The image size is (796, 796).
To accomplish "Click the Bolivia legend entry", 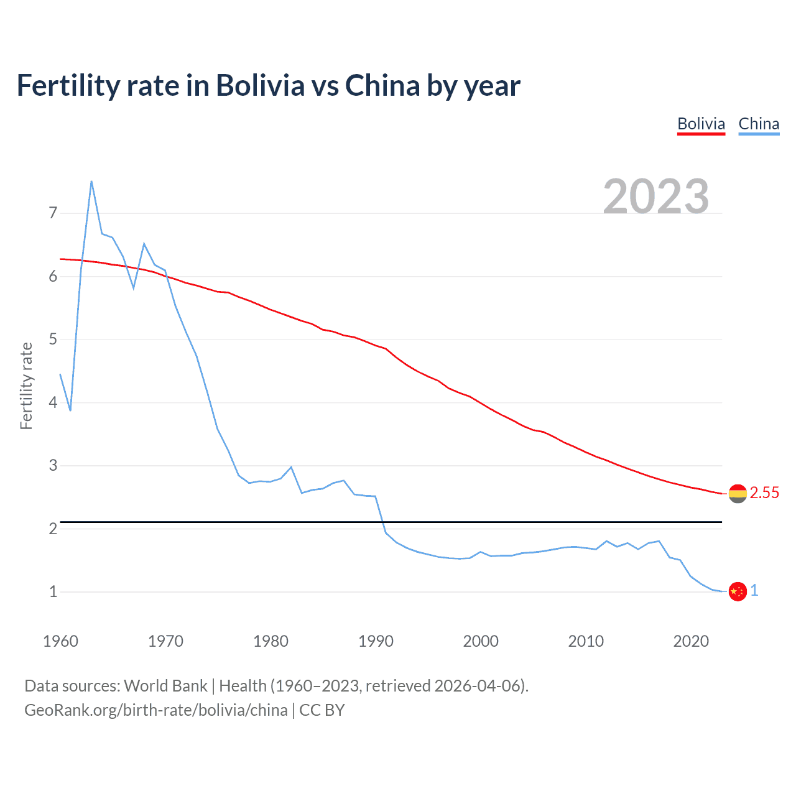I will coord(701,124).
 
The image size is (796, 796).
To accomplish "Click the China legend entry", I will coord(759,124).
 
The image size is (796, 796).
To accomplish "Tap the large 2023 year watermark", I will coord(655,197).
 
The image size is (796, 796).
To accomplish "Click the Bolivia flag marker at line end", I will coord(738,494).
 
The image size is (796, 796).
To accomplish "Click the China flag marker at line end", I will coord(738,591).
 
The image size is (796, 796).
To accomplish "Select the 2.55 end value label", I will coord(764,493).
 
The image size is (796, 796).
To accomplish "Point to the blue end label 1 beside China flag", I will coord(754,591).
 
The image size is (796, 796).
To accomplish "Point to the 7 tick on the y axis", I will coord(53,213).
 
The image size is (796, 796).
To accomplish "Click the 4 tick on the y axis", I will coord(53,402).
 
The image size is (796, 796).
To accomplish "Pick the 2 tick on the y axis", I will coord(53,529).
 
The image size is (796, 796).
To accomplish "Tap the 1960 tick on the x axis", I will coord(60,641).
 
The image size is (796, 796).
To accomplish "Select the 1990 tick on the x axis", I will coord(376,641).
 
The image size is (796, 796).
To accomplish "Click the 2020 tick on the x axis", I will coord(691,641).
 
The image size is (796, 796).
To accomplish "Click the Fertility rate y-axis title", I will coord(26,386).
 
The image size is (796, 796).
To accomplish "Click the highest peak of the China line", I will coord(91,182).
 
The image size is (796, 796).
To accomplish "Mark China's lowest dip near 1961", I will coord(70,410).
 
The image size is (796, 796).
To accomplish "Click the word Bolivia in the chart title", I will coord(261,86).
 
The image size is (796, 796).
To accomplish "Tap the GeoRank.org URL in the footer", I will coord(156,710).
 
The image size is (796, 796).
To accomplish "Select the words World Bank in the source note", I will coord(165,686).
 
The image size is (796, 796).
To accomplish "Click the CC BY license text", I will coord(322,710).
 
